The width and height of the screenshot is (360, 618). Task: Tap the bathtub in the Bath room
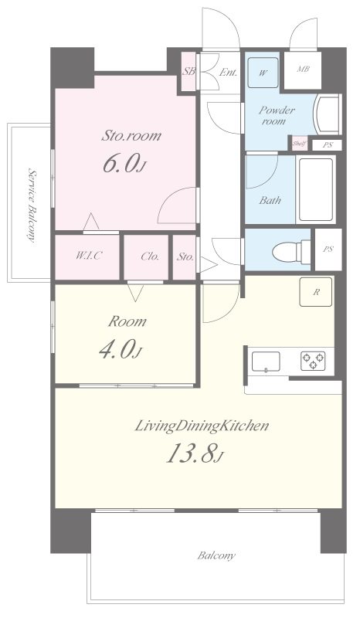315,189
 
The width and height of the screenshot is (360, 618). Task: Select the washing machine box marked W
263,73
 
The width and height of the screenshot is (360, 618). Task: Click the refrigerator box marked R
315,292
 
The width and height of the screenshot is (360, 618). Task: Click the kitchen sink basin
267,362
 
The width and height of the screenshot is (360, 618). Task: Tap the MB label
304,70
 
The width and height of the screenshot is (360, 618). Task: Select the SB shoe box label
188,72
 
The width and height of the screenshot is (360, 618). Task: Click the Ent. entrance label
228,73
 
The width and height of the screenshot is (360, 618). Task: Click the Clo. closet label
150,256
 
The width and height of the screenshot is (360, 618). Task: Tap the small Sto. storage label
185,257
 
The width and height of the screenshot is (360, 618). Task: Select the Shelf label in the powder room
299,144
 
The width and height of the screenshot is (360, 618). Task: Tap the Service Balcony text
32,205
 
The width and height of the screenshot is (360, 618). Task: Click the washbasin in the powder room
327,114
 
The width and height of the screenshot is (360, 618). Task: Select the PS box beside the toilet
328,250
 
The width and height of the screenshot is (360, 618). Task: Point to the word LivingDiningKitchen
202,426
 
